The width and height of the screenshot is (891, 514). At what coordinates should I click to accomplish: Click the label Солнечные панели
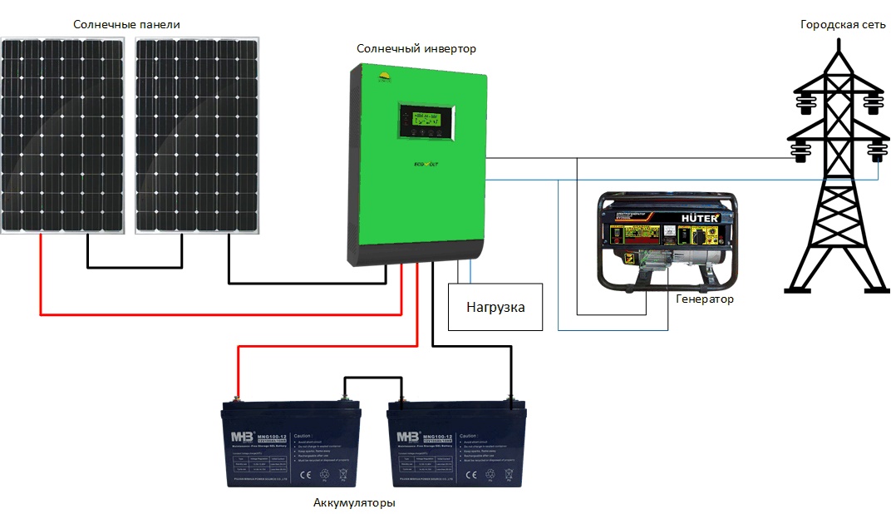pos(126,25)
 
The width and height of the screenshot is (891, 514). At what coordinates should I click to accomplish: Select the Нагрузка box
pos(495,307)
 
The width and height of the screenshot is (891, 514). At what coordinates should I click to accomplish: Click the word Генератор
pos(705,299)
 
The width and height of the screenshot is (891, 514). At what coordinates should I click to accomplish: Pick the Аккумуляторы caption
pos(354,503)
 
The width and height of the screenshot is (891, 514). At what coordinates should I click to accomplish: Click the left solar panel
pos(63,135)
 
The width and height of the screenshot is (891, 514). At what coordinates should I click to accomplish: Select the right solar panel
pos(198,135)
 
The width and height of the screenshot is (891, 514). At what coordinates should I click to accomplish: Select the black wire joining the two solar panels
pos(134,267)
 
